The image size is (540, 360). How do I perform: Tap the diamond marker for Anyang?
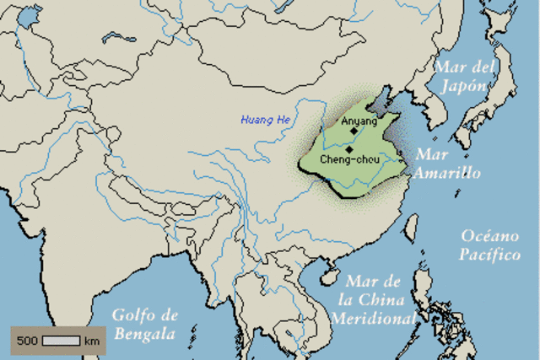(x=354, y=130)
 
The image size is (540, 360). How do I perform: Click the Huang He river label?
(x=265, y=119)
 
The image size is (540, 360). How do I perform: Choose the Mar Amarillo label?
(x=446, y=164)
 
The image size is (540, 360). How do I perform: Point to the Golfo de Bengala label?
(x=146, y=324)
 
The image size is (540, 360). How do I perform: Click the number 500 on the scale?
(x=29, y=341)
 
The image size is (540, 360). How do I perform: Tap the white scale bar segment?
(x=61, y=341)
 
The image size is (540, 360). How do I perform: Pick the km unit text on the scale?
(x=92, y=341)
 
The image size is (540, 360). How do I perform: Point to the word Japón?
(x=463, y=85)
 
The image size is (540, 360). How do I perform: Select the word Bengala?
(x=146, y=334)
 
